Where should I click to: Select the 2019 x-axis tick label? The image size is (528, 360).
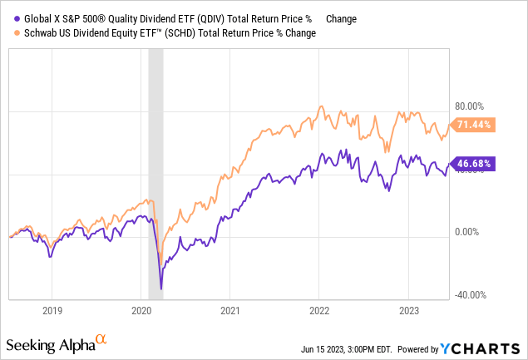(x=52, y=309)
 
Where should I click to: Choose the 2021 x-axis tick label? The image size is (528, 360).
(x=230, y=309)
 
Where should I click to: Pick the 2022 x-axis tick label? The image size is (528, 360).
(x=319, y=309)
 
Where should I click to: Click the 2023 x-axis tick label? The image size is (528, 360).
(x=408, y=309)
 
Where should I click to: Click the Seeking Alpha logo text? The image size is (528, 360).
(x=50, y=344)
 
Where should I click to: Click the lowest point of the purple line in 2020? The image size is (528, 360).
(x=161, y=288)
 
